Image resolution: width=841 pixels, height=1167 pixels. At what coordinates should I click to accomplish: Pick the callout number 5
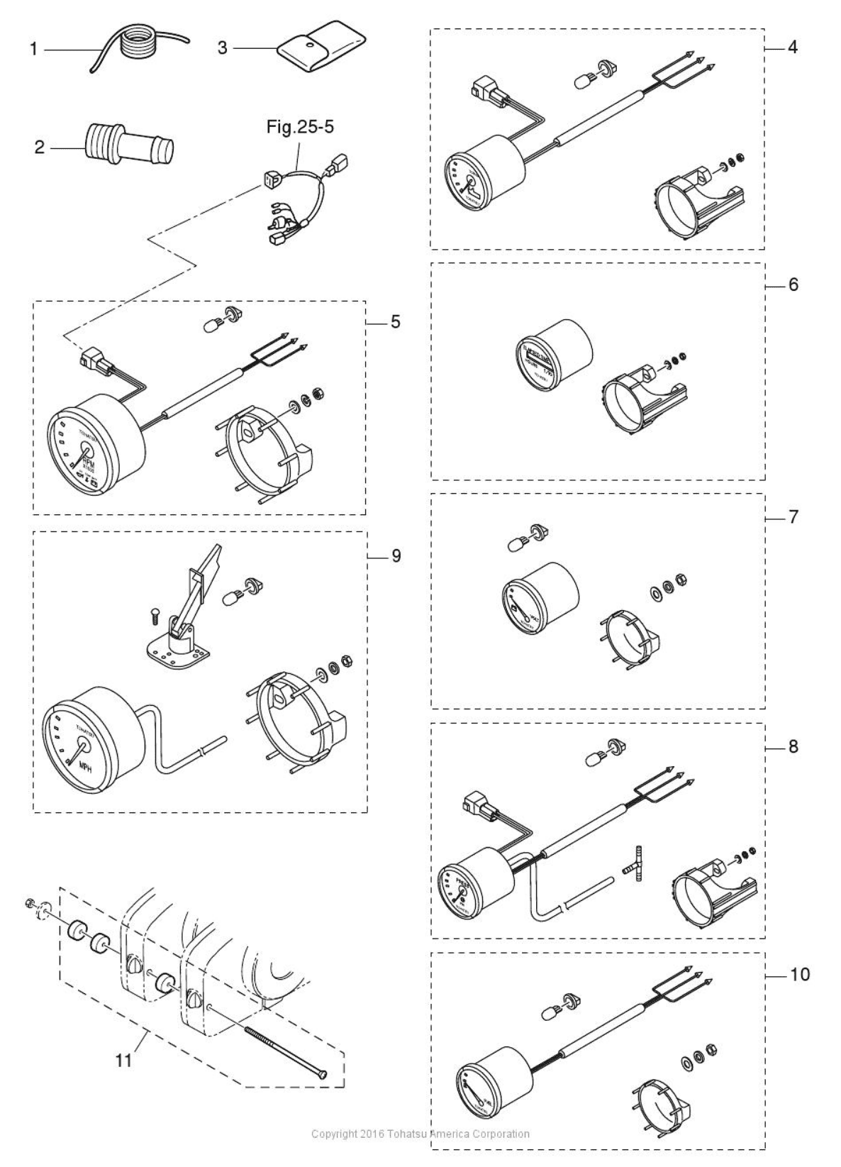[395, 322]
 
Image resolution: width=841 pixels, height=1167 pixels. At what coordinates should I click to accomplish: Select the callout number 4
[792, 48]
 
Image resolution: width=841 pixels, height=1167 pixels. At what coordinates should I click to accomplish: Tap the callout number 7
[793, 517]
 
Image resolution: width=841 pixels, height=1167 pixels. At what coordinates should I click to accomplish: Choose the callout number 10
[799, 975]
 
